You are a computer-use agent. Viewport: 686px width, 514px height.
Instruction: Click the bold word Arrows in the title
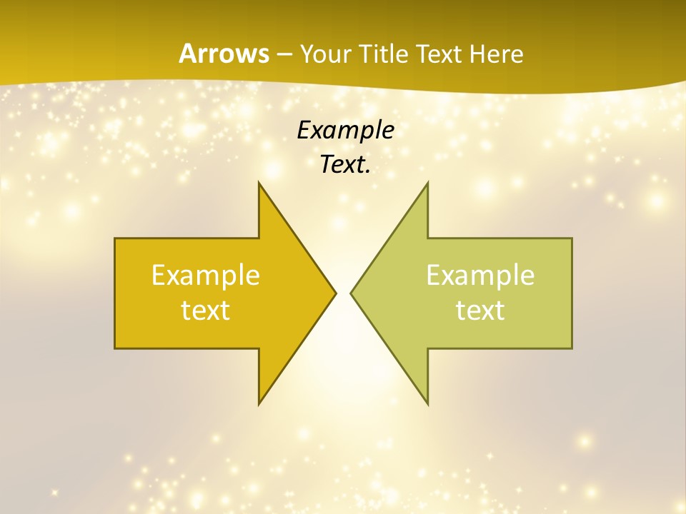(223, 54)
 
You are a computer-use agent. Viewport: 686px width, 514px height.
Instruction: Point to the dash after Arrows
(284, 54)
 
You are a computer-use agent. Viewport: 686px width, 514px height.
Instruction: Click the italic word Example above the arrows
(346, 131)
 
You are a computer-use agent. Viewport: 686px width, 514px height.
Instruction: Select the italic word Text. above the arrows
(346, 164)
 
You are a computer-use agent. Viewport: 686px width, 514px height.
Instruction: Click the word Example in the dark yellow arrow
(206, 275)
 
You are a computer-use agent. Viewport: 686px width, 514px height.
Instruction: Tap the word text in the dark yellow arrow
(206, 310)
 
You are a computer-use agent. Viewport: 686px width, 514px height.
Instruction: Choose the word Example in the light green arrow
(480, 275)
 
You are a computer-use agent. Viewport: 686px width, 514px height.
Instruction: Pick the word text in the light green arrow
(480, 310)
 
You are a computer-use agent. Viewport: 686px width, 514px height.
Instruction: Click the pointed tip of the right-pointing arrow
(336, 293)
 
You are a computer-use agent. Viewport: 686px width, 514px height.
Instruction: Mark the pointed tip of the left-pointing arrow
(351, 293)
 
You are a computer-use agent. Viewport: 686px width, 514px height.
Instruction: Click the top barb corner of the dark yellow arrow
(259, 182)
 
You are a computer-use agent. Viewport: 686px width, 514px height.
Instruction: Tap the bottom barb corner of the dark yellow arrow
(259, 404)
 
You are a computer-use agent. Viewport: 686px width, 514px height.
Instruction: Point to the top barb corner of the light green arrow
(427, 182)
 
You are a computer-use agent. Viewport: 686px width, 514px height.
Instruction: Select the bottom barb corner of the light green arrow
(427, 404)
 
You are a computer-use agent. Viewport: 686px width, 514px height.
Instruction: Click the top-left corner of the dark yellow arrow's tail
(115, 238)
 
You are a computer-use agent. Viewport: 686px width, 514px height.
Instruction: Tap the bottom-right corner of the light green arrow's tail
(572, 348)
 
